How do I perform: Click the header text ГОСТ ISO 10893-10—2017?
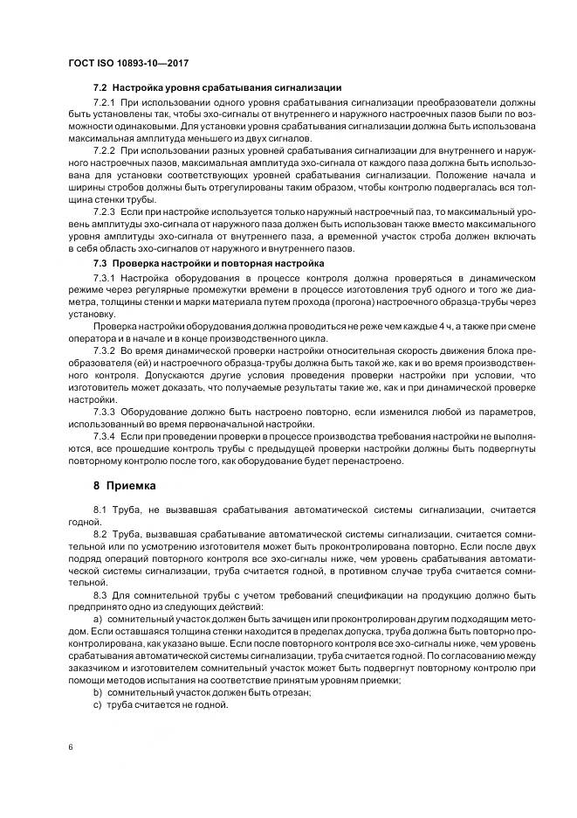pos(128,63)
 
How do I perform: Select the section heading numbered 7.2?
pos(217,87)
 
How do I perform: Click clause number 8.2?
pos(101,533)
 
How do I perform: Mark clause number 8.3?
pos(101,595)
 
